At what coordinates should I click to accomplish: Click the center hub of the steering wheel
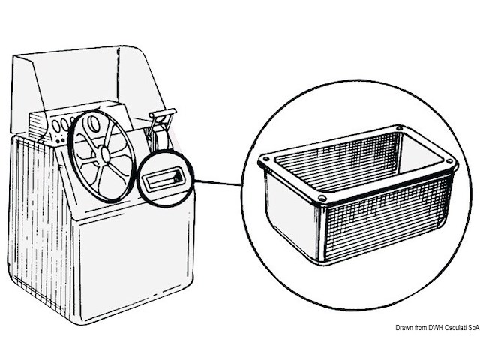pos(103,153)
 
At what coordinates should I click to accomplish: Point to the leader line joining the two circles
pos(217,181)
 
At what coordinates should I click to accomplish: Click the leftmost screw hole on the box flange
pos(263,160)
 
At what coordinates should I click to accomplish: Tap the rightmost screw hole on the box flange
pos(449,162)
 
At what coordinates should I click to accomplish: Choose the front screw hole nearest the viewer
pos(321,199)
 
